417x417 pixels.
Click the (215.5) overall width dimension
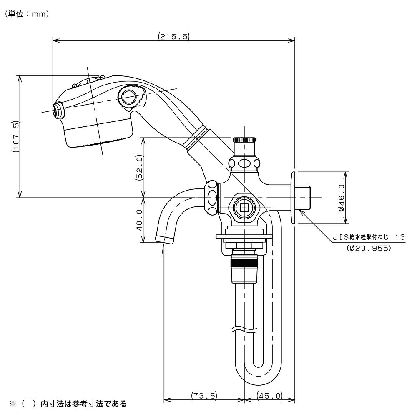[174, 37]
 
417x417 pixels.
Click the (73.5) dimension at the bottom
[204, 395]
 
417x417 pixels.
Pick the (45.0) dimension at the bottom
[270, 395]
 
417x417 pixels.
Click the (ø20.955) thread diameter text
[369, 248]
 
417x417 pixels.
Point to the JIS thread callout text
[369, 237]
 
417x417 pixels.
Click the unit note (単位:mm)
[28, 14]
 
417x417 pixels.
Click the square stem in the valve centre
[243, 206]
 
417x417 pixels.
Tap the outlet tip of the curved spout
[165, 239]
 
